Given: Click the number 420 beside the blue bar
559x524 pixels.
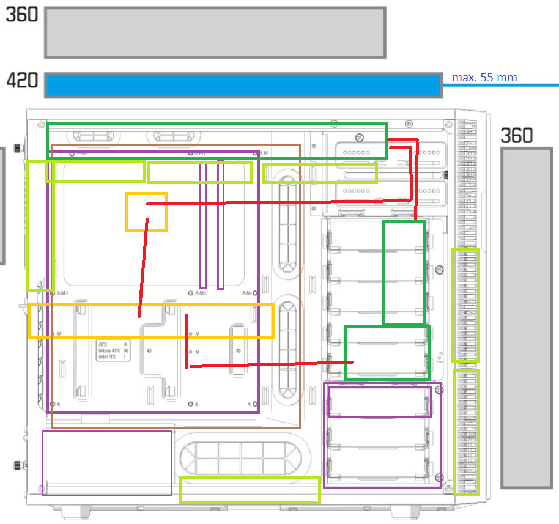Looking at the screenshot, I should (22, 80).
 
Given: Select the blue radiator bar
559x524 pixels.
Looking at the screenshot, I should (243, 85).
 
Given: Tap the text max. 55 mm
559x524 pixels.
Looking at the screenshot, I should (484, 78).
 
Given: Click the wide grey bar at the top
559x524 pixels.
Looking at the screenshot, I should (215, 32).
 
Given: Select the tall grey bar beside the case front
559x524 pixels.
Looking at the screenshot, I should (526, 317).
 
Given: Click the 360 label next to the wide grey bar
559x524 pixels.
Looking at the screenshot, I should (22, 15).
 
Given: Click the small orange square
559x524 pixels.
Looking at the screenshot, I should (146, 212).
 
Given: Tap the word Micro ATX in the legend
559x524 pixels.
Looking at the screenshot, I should (109, 350).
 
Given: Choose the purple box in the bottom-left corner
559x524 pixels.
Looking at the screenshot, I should (106, 462).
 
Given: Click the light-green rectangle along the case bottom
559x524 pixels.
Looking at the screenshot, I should (250, 490).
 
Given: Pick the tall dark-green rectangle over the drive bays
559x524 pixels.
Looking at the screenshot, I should (404, 273).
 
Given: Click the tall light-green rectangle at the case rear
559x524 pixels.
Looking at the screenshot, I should (39, 225).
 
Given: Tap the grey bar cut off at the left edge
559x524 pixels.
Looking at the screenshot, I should (2, 205).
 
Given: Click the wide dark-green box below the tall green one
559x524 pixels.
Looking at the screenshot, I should (388, 353).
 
